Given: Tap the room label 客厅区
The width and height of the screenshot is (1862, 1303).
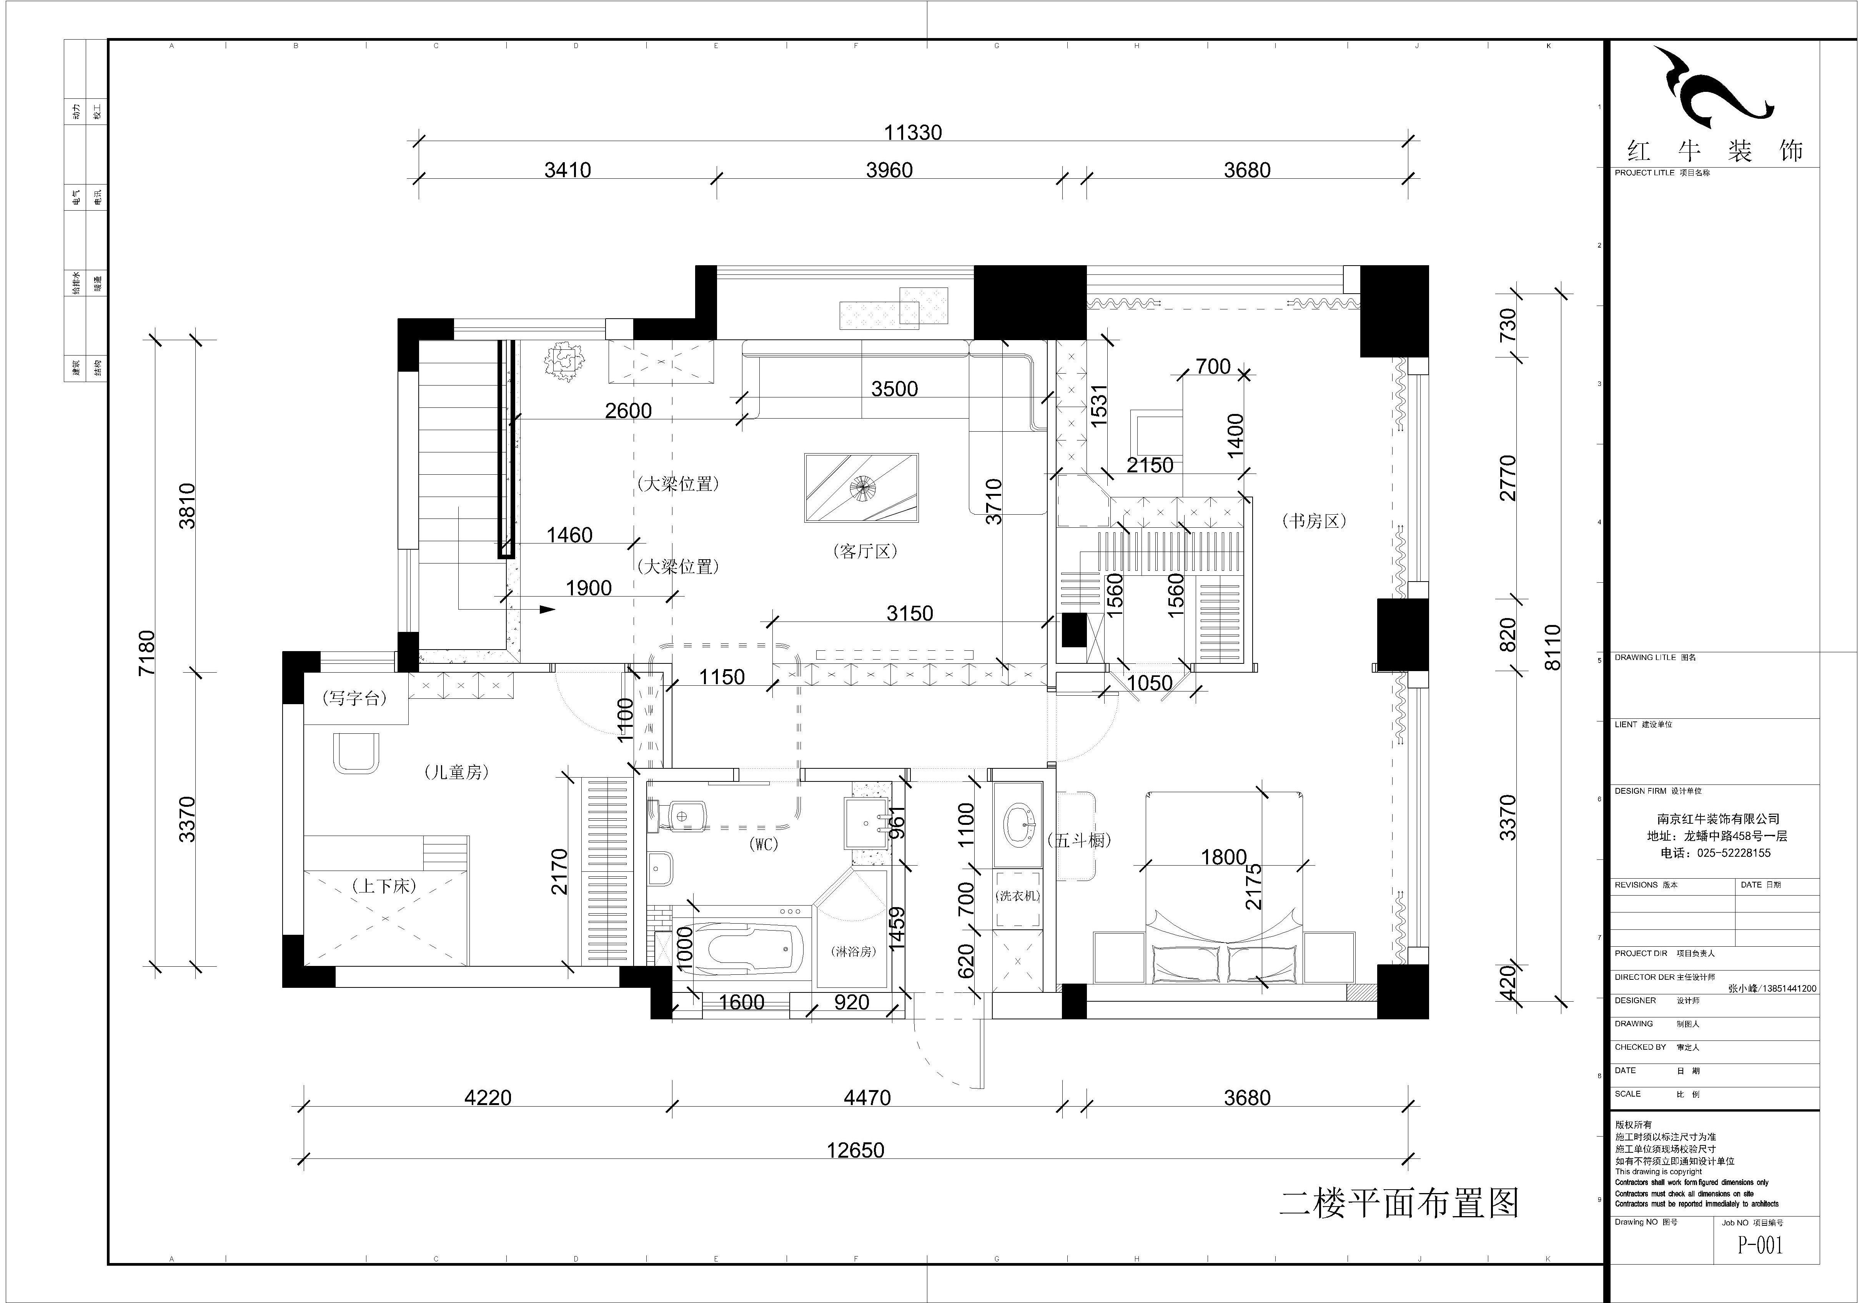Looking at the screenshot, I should coord(865,551).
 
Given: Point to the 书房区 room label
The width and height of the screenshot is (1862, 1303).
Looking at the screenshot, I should coord(1314,521).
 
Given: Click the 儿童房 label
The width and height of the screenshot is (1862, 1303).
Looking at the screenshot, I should coord(457,772).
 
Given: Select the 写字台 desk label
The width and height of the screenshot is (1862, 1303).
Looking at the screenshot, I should coord(354,698).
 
